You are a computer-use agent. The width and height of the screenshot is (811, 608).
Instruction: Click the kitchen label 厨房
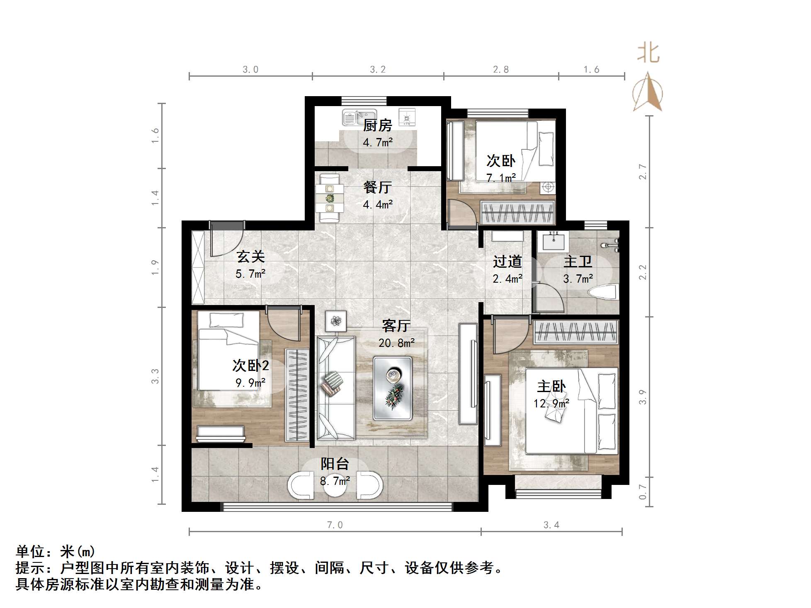[x=377, y=125]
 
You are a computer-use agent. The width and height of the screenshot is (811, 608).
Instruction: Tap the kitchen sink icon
[x=359, y=117]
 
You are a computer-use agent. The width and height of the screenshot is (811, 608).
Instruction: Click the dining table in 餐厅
[x=330, y=199]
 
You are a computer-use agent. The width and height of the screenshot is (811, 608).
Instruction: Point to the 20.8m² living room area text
[x=396, y=343]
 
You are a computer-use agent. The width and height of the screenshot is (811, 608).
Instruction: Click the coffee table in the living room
[x=392, y=388]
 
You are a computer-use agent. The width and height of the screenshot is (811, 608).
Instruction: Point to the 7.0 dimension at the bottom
[x=335, y=525]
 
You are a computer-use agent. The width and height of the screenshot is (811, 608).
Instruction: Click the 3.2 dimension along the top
[x=377, y=69]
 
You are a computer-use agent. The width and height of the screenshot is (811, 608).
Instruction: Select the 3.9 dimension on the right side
[x=643, y=397]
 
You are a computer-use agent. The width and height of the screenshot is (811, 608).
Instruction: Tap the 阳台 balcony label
[x=335, y=463]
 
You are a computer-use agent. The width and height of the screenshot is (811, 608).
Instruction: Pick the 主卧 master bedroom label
[x=551, y=386]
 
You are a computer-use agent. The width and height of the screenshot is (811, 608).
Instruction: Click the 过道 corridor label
[x=507, y=262]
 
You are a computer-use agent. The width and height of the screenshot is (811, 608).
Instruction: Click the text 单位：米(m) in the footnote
[x=56, y=552]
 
